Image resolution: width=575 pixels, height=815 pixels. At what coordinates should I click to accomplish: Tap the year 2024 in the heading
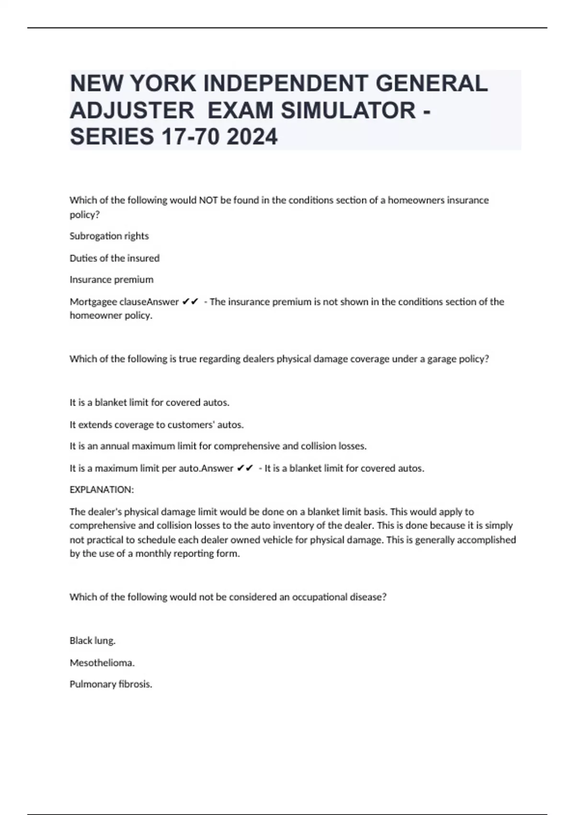tap(252, 137)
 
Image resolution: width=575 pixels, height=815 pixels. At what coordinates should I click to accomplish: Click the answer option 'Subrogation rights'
tap(109, 236)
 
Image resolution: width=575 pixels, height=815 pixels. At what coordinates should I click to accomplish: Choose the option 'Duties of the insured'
tap(115, 258)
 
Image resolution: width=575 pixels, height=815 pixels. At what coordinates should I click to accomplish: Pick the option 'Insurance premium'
tap(112, 279)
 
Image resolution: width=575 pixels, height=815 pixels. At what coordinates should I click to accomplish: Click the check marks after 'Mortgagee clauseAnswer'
tap(190, 302)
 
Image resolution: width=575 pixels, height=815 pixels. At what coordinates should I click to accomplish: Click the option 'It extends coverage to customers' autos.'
tap(157, 424)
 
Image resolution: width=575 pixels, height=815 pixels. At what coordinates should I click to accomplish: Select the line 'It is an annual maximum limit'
tap(218, 446)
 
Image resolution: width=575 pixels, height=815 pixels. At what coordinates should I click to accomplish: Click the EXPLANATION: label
tap(102, 489)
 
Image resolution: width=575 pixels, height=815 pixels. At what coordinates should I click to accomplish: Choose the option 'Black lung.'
tap(92, 640)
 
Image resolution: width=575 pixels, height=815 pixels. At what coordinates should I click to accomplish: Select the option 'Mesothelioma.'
tap(102, 663)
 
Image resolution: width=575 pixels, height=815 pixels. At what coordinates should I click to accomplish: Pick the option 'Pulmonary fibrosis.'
tap(111, 684)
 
